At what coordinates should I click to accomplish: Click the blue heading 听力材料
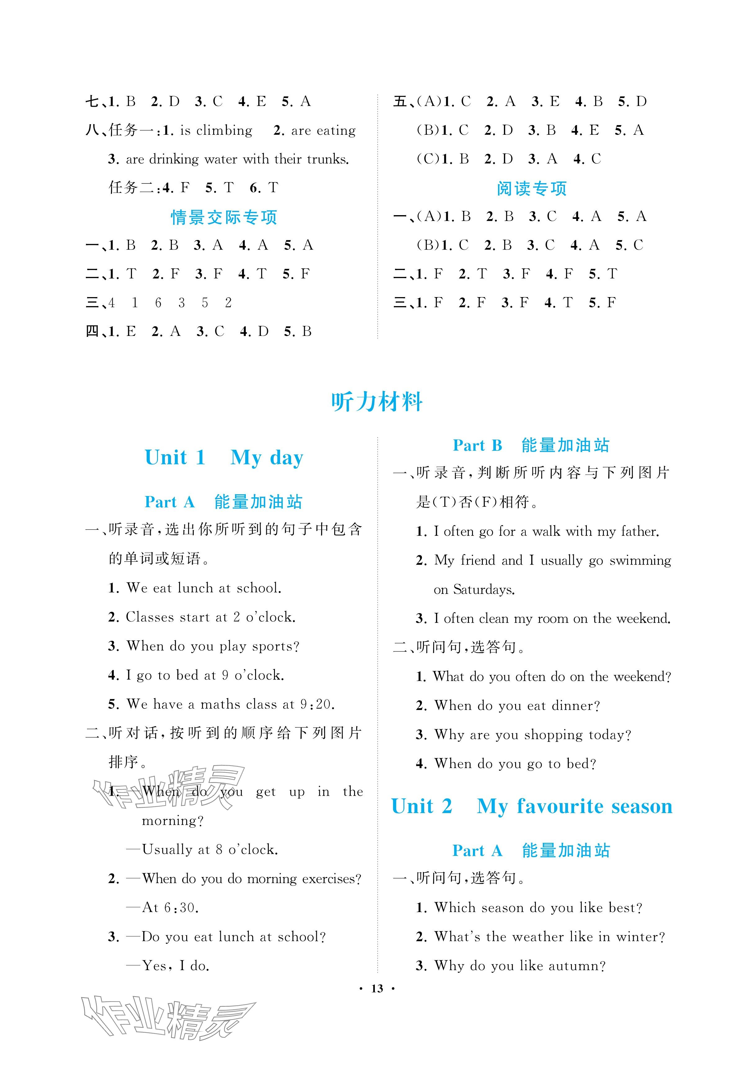[377, 402]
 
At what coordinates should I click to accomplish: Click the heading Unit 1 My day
[224, 458]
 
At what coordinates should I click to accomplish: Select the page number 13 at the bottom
[377, 988]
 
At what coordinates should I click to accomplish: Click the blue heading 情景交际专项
[224, 217]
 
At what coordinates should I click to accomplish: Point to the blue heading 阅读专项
[531, 188]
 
